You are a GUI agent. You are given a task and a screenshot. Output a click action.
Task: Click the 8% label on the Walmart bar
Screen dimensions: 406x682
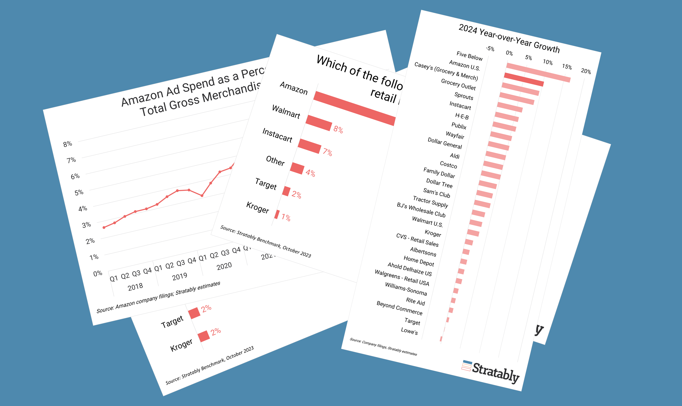(338, 129)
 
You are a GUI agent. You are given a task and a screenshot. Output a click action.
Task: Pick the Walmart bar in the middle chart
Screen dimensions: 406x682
(319, 123)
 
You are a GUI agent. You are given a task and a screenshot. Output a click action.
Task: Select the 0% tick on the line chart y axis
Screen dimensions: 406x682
(98, 273)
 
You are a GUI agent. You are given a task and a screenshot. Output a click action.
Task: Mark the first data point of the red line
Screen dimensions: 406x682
(104, 227)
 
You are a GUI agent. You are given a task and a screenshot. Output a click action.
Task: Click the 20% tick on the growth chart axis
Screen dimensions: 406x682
(586, 71)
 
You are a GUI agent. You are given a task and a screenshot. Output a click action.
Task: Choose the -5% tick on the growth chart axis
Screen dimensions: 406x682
(490, 49)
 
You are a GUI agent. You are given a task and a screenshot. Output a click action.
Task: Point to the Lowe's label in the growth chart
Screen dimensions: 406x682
(409, 331)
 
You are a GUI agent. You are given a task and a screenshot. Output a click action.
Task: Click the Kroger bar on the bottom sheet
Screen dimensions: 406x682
(204, 336)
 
